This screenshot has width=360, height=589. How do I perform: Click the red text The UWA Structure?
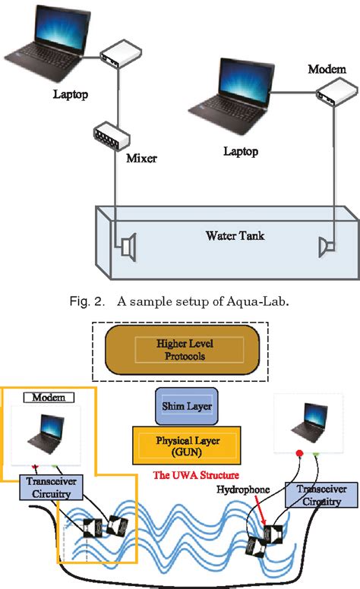(186, 474)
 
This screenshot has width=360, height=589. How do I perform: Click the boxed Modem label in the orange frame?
(48, 397)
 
